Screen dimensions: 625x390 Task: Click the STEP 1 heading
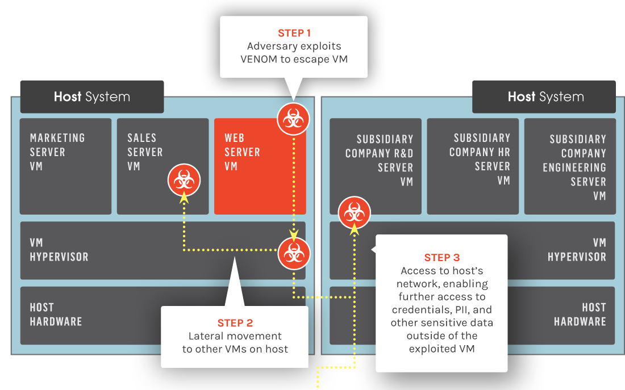coord(294,33)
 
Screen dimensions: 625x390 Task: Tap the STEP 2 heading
coord(235,322)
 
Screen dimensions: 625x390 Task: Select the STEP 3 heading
coord(442,258)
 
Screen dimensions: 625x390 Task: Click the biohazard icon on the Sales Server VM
coord(184,180)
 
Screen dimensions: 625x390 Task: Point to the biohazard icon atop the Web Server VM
coord(293,119)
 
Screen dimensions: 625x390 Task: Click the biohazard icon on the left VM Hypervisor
coord(294,253)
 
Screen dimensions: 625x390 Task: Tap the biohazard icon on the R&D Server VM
coord(355,212)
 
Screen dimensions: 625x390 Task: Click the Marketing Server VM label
coord(57,152)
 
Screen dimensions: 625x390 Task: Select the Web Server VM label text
coord(243,152)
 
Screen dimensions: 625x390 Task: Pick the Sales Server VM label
coord(145,152)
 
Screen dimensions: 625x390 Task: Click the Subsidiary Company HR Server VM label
coord(480,160)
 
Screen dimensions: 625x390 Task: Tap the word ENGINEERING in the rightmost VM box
coord(574,167)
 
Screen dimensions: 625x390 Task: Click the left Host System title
coord(92,97)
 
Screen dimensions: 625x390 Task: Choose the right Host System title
coord(545,97)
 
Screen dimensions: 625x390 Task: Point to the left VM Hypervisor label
coord(59,250)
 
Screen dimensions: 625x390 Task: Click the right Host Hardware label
coord(580,314)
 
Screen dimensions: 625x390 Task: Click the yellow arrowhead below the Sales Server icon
coord(184,197)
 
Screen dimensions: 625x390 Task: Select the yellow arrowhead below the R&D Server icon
coord(354,229)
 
